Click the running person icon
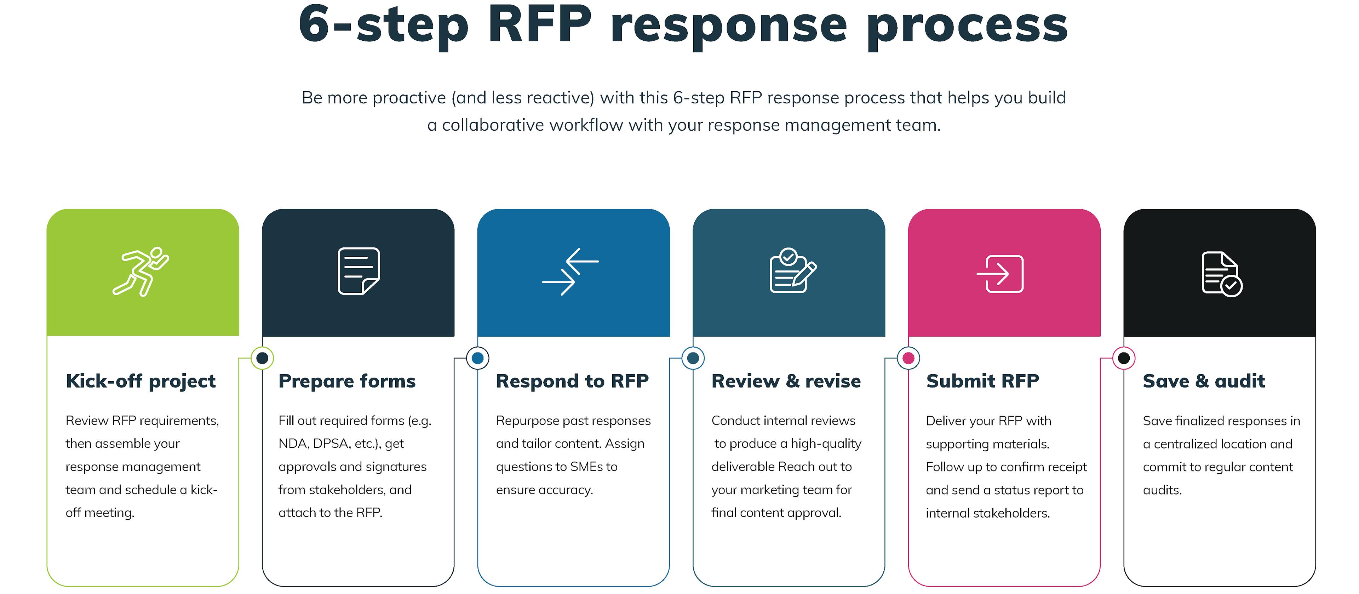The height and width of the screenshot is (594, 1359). point(141,271)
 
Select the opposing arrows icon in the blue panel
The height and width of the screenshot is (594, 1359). point(570,271)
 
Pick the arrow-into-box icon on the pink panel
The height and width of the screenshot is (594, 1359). point(1000,274)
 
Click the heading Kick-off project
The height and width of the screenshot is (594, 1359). point(141,381)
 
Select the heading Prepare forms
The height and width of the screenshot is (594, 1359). point(346,381)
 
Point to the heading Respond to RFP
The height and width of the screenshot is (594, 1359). point(572,381)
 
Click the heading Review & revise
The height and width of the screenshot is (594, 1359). point(786,381)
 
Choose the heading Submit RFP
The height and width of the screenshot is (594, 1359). point(982,381)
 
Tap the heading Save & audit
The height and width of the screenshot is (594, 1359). point(1203,381)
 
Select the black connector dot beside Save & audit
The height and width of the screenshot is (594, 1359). point(1124,358)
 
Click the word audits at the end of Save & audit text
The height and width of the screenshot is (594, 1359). point(1162,490)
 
